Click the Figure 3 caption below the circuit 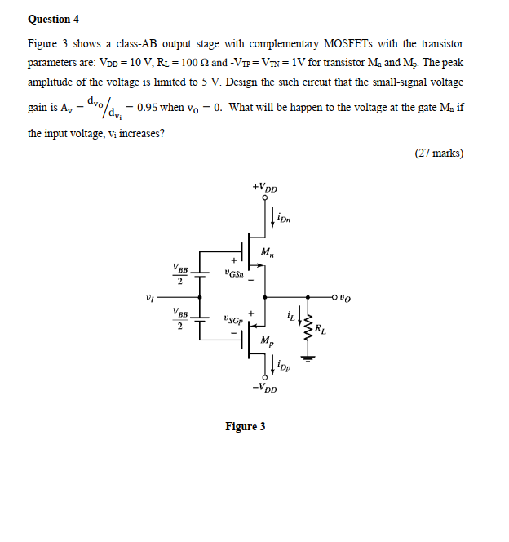tap(246, 426)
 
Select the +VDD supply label tap(265, 189)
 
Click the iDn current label tap(283, 218)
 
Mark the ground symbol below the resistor tap(308, 355)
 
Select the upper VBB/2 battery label tap(180, 273)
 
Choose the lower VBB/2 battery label tap(180, 318)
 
